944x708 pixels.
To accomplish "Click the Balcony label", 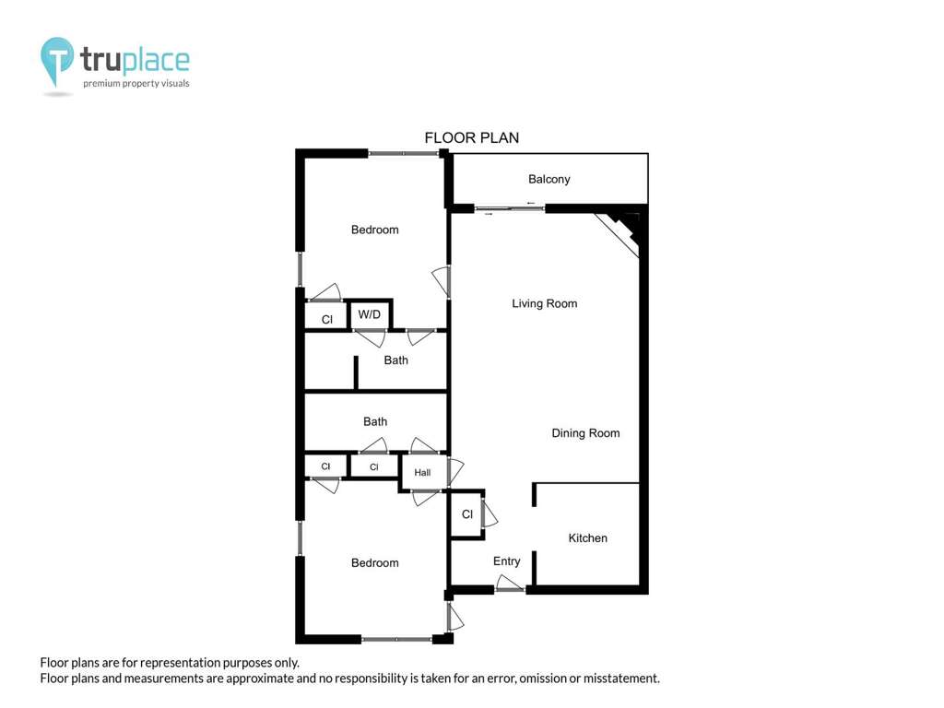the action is click(549, 179).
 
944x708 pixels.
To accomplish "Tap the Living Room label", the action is click(544, 303).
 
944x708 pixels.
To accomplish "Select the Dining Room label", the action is click(585, 433).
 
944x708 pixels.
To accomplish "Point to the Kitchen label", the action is click(587, 537).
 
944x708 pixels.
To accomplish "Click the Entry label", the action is click(506, 561).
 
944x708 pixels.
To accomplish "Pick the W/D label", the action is click(369, 314).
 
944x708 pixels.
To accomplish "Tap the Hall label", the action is click(422, 473).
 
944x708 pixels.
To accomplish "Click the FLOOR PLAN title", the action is click(471, 138).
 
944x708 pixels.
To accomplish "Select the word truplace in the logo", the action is click(135, 59).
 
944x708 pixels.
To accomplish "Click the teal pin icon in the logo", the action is click(56, 60).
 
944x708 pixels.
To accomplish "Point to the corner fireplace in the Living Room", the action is click(620, 231).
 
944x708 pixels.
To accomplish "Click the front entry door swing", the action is click(509, 583).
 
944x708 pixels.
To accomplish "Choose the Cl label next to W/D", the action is click(327, 320).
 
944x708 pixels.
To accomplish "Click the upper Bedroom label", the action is click(374, 230).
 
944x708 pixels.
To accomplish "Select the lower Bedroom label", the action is click(374, 563).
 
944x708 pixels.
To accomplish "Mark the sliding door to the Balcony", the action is click(509, 209).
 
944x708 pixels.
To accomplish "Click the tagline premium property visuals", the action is click(136, 83).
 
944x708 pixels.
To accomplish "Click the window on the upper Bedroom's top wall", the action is click(404, 154).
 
